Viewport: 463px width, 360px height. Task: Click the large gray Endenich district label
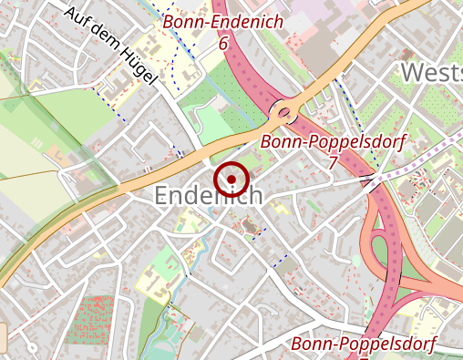[209, 195]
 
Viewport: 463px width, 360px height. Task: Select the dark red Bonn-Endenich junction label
[222, 22]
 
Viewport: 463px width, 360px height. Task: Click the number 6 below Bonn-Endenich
[222, 42]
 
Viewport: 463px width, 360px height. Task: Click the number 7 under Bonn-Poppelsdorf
[332, 162]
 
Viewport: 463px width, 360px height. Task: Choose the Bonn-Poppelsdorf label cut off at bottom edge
[363, 344]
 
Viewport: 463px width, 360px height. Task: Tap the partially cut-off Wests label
[431, 73]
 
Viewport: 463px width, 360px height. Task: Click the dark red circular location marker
[231, 179]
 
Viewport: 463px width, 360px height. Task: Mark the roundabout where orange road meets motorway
[284, 113]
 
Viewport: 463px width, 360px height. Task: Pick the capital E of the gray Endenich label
[163, 195]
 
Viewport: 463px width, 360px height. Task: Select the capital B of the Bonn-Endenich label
[169, 22]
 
